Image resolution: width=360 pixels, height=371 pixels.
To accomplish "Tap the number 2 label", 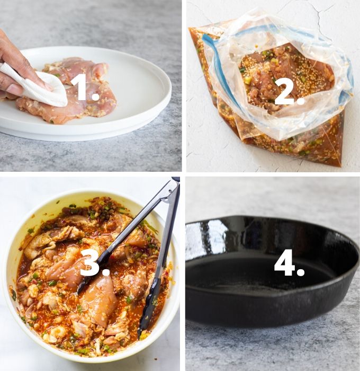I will pos(289,92).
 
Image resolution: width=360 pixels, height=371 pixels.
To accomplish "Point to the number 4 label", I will pos(289,264).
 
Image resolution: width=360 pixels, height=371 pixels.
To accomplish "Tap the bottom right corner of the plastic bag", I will pos(339,162).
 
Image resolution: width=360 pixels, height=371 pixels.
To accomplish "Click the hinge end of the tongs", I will pos(174,183).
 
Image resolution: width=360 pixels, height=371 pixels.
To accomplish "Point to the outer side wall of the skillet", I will pos(265,313).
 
